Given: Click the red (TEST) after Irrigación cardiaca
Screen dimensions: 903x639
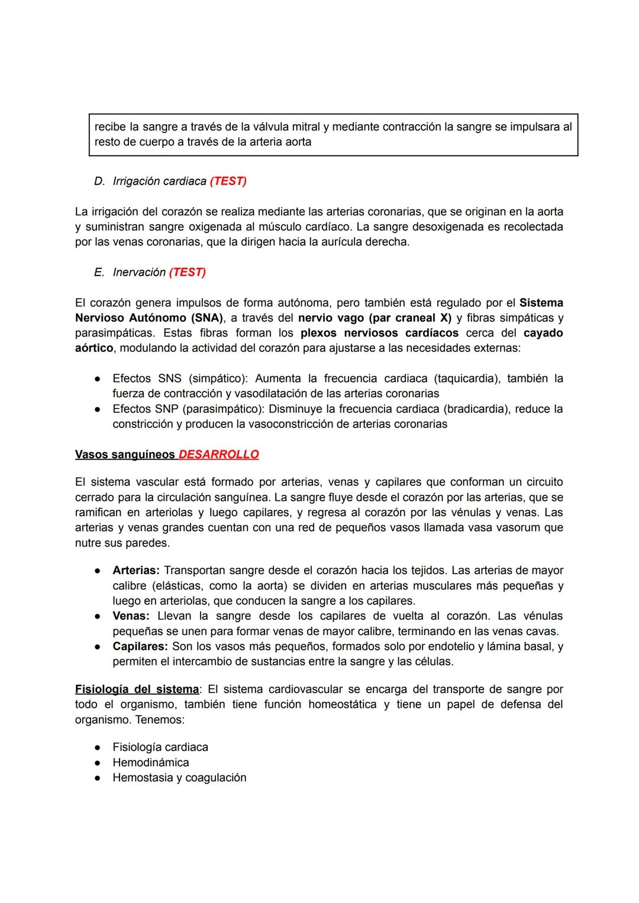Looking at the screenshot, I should coord(228,182).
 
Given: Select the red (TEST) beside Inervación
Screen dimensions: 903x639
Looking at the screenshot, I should coord(187,273).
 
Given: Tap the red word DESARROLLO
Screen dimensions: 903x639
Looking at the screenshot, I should coord(218,455).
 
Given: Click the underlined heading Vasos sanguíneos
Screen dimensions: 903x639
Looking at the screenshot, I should coord(125,455).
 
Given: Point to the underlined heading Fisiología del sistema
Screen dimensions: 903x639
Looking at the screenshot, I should coord(137,690).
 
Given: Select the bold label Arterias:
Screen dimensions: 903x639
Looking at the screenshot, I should coord(136,571).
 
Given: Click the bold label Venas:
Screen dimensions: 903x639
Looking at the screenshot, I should coord(131,616).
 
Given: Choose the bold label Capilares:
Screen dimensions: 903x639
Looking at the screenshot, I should coord(140,647).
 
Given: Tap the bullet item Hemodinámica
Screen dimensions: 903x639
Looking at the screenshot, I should coord(151,763).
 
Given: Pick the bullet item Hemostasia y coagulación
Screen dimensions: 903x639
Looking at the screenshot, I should coord(179,778).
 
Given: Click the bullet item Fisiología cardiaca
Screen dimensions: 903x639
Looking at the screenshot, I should coord(160,747).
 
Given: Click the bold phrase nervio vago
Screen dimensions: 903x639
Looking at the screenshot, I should coord(331,318).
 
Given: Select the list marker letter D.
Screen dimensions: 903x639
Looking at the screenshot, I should coord(99,182).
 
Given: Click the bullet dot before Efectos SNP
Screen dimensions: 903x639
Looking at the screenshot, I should coord(97,409).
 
